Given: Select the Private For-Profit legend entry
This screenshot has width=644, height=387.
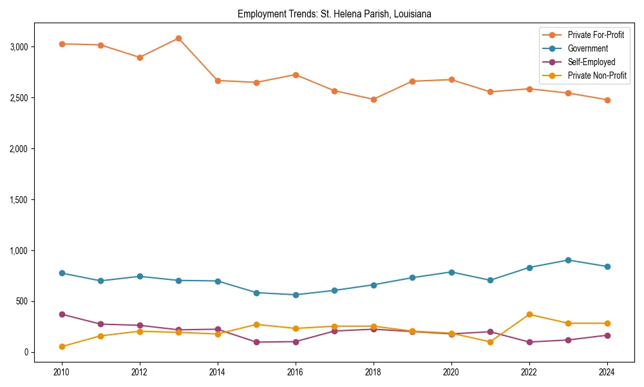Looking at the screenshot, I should [x=595, y=35].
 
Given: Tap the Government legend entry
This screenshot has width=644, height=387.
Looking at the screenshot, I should [x=587, y=48].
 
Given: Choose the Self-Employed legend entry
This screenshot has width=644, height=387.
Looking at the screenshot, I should [x=591, y=62].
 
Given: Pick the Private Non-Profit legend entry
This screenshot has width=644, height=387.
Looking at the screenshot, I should [x=597, y=75].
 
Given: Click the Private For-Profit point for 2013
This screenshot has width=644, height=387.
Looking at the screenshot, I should [x=178, y=38].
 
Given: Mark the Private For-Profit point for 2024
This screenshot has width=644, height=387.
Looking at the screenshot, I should [x=607, y=100].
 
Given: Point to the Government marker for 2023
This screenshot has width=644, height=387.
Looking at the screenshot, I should [x=568, y=260].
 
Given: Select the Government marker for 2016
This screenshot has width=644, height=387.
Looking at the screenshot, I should [x=296, y=295].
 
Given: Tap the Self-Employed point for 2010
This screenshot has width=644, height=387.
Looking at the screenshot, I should [x=62, y=314].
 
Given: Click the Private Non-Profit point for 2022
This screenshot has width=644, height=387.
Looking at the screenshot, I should [x=529, y=314].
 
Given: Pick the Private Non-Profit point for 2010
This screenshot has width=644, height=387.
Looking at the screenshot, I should [x=62, y=346].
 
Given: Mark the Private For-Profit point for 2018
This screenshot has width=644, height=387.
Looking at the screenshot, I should [x=374, y=99].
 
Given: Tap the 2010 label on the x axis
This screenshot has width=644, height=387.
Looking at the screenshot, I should [x=62, y=372].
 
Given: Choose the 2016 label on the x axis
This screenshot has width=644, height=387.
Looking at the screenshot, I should [x=296, y=372].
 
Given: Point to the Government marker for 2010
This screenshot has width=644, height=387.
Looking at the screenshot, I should [x=62, y=273].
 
